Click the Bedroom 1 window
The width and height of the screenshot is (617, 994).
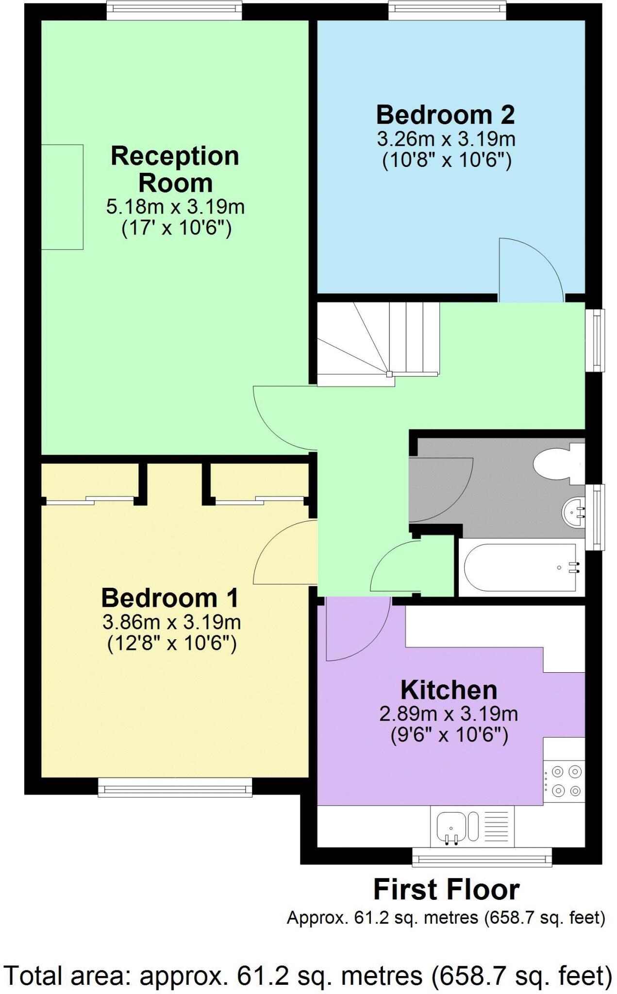coord(175,787)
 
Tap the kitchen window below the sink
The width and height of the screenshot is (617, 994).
coord(482,858)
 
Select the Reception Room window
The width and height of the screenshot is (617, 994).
coord(174,10)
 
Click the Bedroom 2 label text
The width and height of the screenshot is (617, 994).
coord(445,115)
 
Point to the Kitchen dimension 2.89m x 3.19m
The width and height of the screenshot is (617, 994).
coord(448,714)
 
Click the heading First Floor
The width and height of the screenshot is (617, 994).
coord(446,890)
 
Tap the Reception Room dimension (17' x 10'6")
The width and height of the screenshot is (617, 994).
coord(176,227)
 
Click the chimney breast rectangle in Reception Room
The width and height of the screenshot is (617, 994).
coord(62,197)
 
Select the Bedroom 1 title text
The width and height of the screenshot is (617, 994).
coord(170,598)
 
